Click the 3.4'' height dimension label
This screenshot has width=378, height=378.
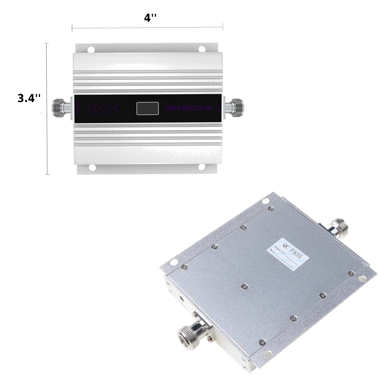coord(29,98)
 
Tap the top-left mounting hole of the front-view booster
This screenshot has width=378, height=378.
coord(91,49)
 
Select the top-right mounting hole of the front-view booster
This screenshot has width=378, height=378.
coord(202,49)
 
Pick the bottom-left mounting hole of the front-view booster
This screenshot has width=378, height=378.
coord(92,168)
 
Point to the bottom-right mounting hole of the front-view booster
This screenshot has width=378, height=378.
coord(202,167)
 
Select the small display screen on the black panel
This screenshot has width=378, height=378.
coord(147,108)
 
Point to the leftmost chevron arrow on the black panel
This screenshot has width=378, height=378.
coord(90,108)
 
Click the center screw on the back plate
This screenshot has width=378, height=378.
coord(244,286)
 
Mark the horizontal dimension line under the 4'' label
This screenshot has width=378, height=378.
coord(147,28)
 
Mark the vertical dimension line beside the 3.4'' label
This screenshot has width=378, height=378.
coord(47,109)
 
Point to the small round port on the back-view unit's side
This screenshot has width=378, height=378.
coord(182,298)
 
